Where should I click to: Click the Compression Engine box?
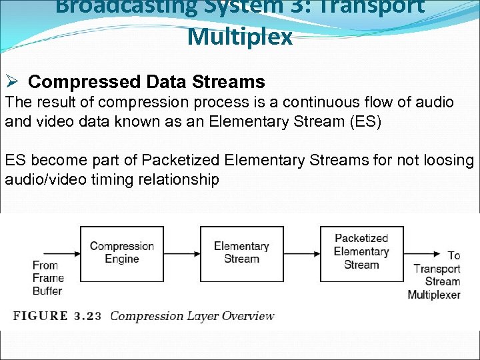coord(121,253)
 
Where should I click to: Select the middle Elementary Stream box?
coord(241,253)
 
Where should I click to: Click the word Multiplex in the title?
coord(240,37)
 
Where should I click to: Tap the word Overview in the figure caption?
coord(249,315)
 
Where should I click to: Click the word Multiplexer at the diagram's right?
coord(434,294)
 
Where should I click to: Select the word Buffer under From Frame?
coord(47,290)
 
